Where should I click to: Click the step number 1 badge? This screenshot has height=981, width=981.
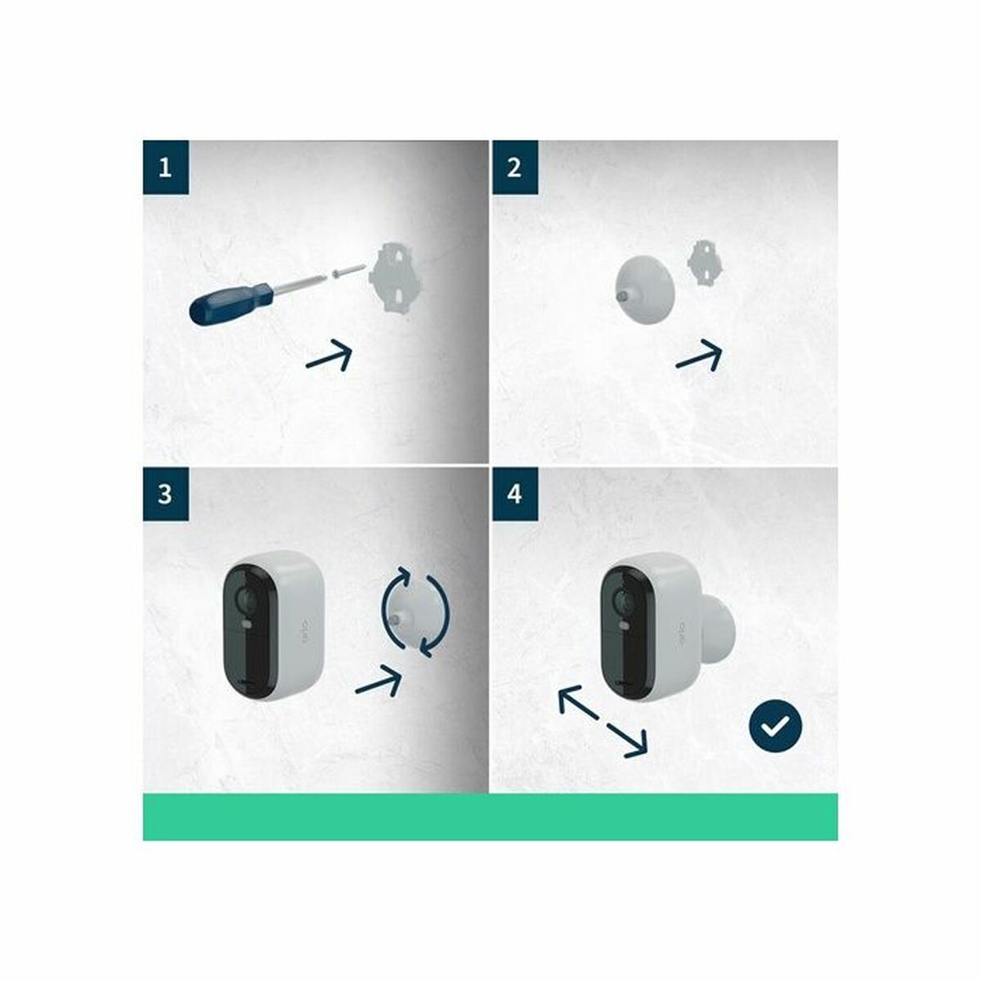[166, 168]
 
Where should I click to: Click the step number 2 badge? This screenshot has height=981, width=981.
[514, 168]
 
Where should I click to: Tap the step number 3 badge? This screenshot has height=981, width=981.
[166, 494]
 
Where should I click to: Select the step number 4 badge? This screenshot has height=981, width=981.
[514, 494]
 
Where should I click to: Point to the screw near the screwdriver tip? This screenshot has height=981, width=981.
[347, 272]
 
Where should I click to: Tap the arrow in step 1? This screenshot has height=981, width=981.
[329, 356]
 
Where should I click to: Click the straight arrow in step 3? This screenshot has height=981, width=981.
[381, 679]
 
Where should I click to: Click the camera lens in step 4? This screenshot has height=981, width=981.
[624, 602]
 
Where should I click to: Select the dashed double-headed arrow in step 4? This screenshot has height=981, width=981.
[602, 721]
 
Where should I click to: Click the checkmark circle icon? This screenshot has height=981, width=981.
[776, 724]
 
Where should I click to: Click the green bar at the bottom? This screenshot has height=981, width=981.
[490, 817]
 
